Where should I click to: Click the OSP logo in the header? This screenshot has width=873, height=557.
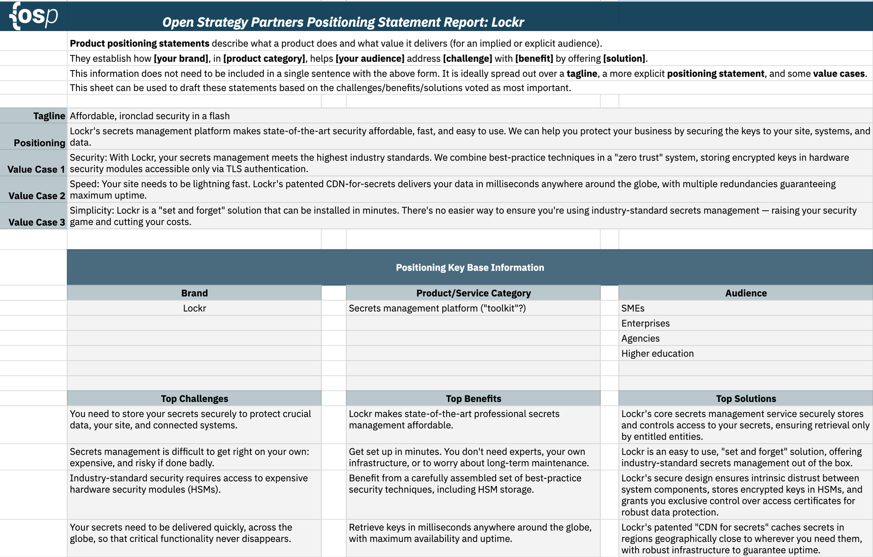[x=34, y=16]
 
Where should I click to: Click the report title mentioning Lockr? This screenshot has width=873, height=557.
[x=343, y=22]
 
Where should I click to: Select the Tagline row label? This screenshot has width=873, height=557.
[x=49, y=116]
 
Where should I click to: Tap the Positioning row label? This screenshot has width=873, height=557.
[x=40, y=143]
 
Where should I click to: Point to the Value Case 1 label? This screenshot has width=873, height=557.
[x=36, y=169]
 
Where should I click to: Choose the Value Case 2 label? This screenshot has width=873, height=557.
[x=37, y=196]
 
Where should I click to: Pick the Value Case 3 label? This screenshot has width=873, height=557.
[x=37, y=222]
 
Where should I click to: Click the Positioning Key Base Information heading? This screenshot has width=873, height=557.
[x=470, y=267]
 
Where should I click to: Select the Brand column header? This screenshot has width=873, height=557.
[x=194, y=293]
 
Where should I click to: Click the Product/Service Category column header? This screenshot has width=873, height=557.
[x=473, y=293]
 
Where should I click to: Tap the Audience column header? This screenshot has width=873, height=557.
[x=746, y=293]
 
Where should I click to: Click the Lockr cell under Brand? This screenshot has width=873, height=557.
[x=194, y=308]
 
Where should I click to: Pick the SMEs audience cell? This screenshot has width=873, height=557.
[x=633, y=308]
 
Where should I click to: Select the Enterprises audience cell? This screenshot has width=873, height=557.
[x=645, y=323]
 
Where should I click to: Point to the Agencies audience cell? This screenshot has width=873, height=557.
[x=640, y=338]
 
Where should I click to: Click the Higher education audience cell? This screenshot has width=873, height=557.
[x=657, y=353]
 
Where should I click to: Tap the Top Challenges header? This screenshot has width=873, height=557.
[x=194, y=399]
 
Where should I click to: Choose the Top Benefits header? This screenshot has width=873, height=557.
[x=473, y=399]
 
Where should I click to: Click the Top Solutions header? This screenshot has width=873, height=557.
[x=746, y=399]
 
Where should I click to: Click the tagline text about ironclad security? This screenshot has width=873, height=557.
[x=150, y=116]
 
